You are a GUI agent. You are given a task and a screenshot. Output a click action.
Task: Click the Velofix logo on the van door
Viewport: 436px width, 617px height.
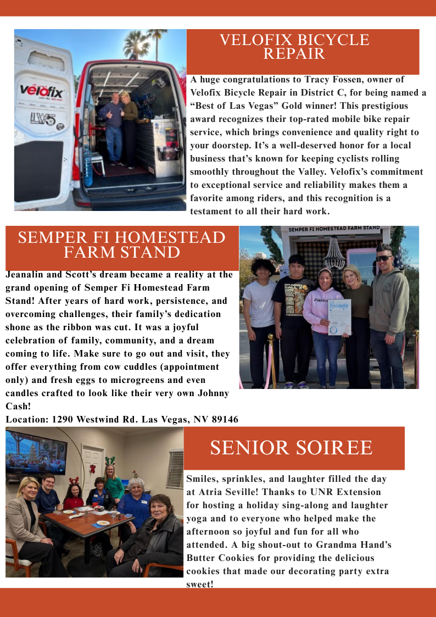pos(42,91)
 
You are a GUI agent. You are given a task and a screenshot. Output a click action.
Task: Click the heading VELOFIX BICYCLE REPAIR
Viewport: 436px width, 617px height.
pos(294,47)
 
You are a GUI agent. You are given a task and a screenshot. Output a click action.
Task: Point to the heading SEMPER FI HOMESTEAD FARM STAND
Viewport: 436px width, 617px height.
pos(122,245)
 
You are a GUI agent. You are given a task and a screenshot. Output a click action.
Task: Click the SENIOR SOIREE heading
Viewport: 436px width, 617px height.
pos(291,448)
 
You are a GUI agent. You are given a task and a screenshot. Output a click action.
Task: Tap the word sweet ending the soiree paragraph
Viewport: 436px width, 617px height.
pos(198,584)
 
